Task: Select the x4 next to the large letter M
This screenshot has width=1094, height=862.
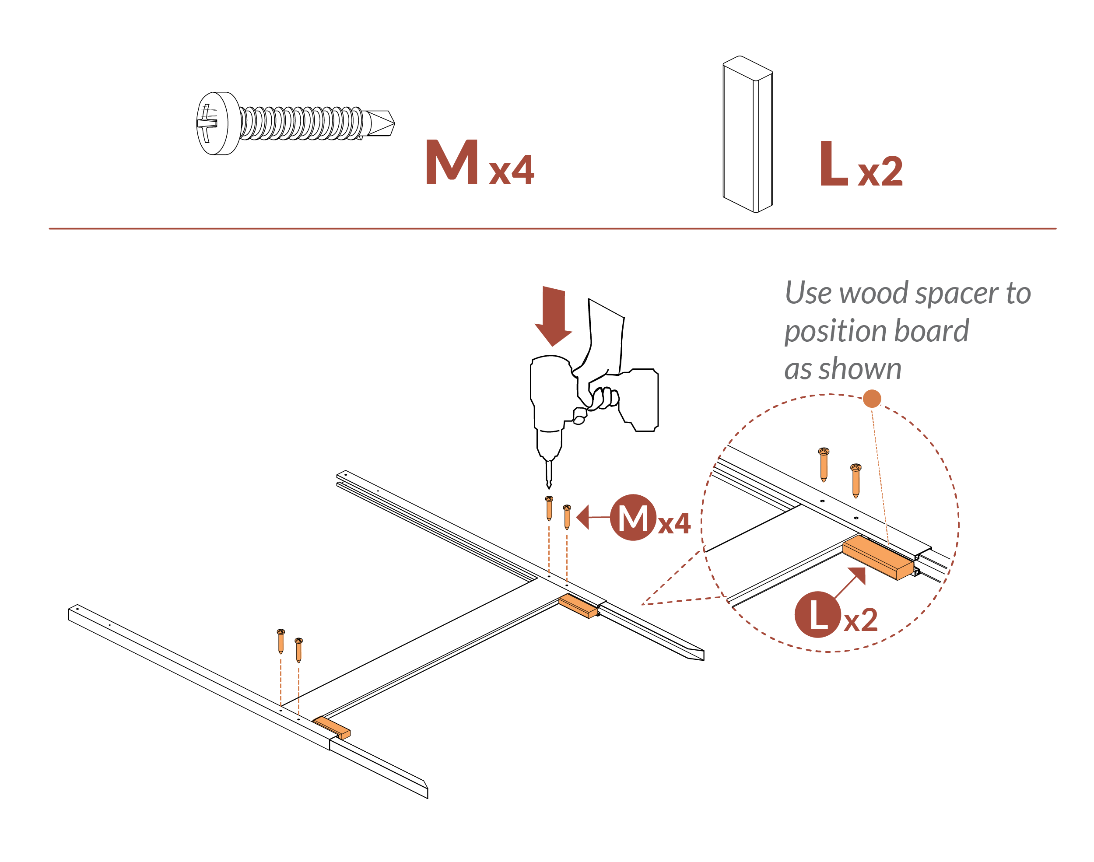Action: pyautogui.click(x=511, y=171)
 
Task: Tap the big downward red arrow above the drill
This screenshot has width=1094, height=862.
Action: pyautogui.click(x=553, y=316)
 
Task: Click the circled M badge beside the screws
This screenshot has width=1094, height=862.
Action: pyautogui.click(x=633, y=518)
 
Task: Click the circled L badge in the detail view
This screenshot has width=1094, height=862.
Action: pyautogui.click(x=817, y=615)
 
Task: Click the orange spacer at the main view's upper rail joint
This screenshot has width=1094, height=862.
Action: pyautogui.click(x=577, y=606)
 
